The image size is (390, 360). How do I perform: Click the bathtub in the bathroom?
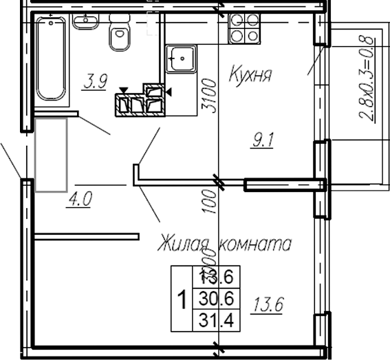51,61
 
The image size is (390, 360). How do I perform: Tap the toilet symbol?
121,34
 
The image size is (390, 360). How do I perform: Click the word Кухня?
250,74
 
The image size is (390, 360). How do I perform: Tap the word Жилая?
185,244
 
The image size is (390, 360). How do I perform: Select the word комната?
255,244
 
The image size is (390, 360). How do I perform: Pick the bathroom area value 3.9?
95,83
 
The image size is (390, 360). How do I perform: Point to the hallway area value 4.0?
80,201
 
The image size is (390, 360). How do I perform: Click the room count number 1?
182,300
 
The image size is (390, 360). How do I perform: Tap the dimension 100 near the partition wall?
210,199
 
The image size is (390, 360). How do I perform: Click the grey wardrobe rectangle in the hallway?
51,155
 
